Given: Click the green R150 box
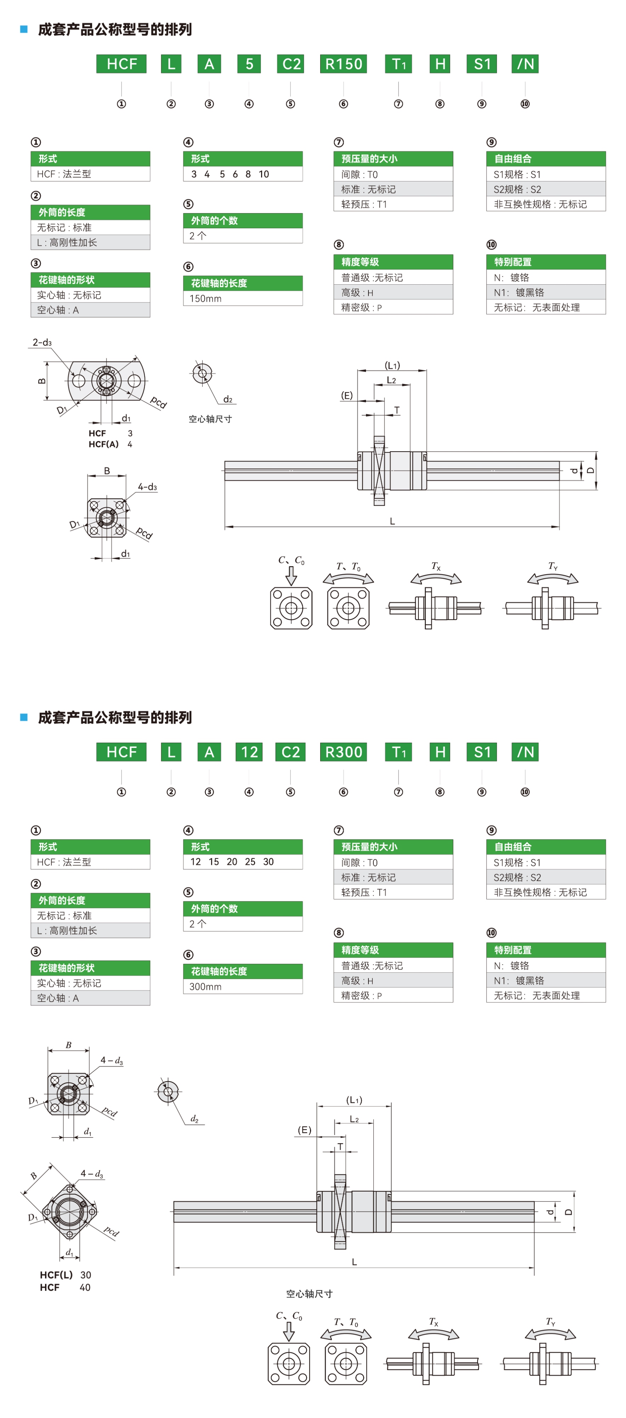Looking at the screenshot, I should (343, 64).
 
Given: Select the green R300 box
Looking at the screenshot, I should (343, 752).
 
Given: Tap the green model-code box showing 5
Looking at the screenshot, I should (249, 64).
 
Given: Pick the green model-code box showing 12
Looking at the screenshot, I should (249, 752).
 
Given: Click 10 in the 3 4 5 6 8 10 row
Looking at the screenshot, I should (264, 174).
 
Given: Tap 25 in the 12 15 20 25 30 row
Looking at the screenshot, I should (250, 861).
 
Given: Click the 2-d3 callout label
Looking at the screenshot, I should (42, 342).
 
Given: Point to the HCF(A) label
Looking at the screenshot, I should (103, 444).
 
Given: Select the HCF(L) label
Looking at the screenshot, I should (56, 1275).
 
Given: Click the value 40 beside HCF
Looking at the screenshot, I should (85, 1288).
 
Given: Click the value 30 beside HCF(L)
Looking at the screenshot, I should (86, 1275).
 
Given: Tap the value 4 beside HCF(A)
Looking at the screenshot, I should (130, 444).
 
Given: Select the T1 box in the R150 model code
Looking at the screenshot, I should (398, 64).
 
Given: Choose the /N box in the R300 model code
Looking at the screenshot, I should (525, 752).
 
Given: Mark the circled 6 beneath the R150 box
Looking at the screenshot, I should (343, 104).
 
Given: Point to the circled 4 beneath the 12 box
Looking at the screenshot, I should (249, 792).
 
